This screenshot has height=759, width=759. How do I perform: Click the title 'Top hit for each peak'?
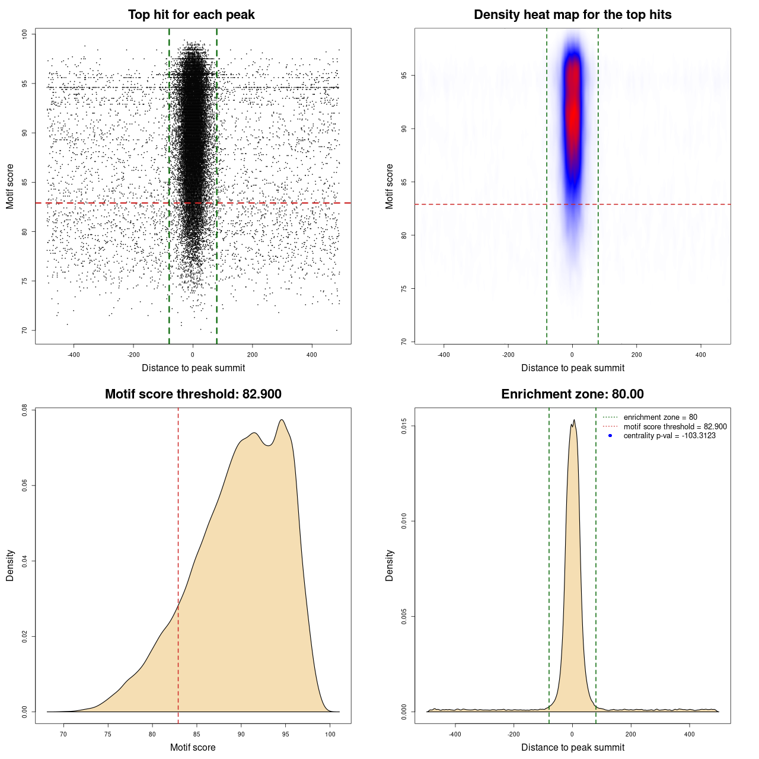click(191, 15)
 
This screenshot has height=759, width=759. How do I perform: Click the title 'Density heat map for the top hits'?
click(572, 15)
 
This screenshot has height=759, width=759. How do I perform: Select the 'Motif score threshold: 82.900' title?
click(193, 394)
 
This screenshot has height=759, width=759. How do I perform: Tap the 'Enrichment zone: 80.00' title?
click(572, 394)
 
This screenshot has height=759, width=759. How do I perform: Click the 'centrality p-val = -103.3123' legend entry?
click(669, 436)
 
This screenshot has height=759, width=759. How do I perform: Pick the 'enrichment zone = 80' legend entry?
click(660, 417)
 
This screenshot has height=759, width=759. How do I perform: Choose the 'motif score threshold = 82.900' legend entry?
click(675, 427)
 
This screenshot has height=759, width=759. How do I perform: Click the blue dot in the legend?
click(610, 436)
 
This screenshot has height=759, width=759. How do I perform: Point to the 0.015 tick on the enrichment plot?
click(404, 426)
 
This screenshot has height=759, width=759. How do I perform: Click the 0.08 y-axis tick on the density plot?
click(24, 410)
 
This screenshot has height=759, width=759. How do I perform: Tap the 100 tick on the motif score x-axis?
click(330, 734)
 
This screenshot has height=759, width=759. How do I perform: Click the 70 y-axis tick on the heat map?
click(404, 342)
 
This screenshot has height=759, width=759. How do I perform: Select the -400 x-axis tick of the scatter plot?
click(74, 355)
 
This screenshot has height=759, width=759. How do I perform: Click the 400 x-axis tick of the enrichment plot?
click(689, 734)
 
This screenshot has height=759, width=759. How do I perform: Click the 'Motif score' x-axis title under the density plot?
click(193, 747)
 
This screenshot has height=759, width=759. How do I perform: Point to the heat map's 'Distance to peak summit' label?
click(572, 368)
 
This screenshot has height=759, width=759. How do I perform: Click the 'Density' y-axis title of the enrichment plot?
click(390, 565)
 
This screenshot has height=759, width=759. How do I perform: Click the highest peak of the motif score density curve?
click(282, 420)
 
